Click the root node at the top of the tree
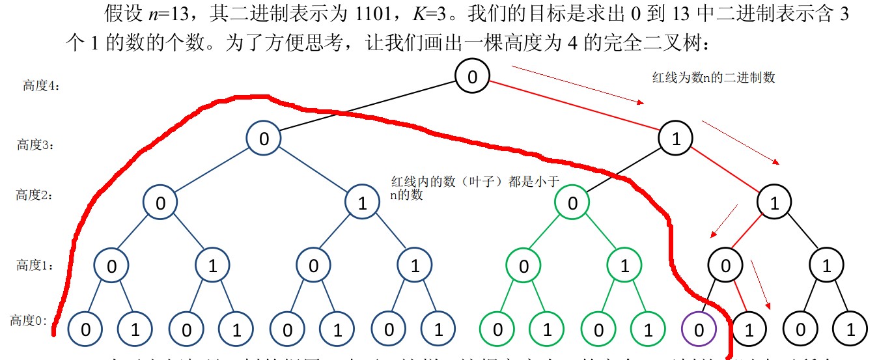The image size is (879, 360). click(473, 77)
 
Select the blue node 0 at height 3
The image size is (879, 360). click(264, 138)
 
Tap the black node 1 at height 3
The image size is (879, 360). click(675, 138)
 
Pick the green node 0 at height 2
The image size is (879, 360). click(572, 202)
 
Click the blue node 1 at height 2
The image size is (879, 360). click(362, 202)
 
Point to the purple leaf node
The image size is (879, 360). click(699, 329)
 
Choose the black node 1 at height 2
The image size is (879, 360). click(774, 202)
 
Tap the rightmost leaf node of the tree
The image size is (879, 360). click(851, 329)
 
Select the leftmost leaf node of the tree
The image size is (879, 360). click(85, 329)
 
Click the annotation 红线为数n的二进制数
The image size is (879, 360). click(714, 77)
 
